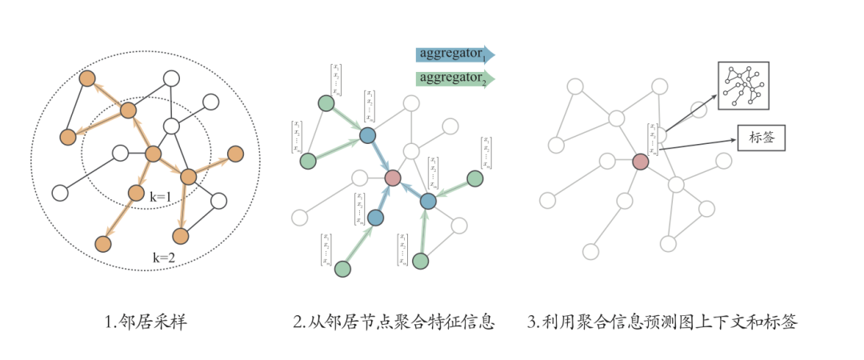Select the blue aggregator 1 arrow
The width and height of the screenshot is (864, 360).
pyautogui.click(x=454, y=54)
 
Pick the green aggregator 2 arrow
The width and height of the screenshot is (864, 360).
pyautogui.click(x=454, y=78)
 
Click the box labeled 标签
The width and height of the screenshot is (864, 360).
pyautogui.click(x=759, y=138)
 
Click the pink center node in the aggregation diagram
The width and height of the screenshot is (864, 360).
pyautogui.click(x=393, y=178)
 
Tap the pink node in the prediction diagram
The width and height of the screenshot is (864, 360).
pyautogui.click(x=640, y=162)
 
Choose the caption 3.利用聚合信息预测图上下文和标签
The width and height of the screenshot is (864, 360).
pyautogui.click(x=662, y=323)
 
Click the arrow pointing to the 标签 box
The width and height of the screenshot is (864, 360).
pyautogui.click(x=699, y=142)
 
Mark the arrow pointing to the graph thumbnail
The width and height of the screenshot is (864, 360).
pyautogui.click(x=691, y=112)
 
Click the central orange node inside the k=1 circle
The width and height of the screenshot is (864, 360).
pyautogui.click(x=154, y=154)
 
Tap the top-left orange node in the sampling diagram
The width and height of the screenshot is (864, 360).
pyautogui.click(x=87, y=78)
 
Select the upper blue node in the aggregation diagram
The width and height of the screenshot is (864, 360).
pyautogui.click(x=367, y=136)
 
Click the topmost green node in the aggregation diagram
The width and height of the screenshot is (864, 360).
pyautogui.click(x=326, y=103)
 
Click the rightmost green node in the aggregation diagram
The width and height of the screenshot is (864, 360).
pyautogui.click(x=475, y=178)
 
